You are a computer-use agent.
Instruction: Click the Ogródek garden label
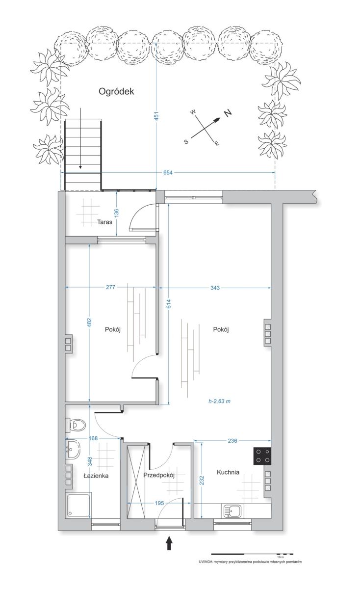(x=116, y=91)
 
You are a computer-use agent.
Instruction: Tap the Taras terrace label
(x=104, y=222)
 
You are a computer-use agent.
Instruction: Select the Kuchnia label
(x=228, y=472)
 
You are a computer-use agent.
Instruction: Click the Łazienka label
(x=96, y=476)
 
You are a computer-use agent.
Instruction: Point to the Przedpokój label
(x=159, y=475)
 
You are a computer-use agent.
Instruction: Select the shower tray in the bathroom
(x=78, y=506)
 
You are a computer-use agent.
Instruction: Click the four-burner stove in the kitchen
(x=262, y=456)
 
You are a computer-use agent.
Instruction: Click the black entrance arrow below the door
(x=169, y=543)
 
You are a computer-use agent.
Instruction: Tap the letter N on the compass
(x=228, y=113)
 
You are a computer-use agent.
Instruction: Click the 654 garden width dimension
(x=168, y=172)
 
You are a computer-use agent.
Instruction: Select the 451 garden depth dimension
(x=156, y=116)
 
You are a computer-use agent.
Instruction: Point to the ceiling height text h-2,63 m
(x=219, y=402)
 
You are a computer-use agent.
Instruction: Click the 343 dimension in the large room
(x=215, y=288)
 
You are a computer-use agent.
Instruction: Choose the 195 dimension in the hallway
(x=159, y=503)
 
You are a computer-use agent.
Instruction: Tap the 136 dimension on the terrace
(x=116, y=213)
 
